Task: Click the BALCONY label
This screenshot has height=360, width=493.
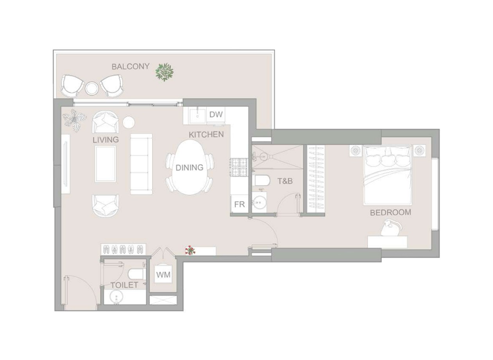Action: pos(131,67)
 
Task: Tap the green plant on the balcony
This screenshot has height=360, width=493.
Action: pos(164,72)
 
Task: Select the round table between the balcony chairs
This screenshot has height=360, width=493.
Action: pos(92,88)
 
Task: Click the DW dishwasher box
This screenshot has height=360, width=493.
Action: pos(216,114)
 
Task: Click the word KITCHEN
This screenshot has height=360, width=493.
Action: pos(206,135)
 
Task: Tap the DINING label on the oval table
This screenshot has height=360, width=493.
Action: pos(189,168)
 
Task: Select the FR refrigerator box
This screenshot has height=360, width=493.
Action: pos(239,204)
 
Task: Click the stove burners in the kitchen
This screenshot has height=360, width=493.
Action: pos(239,167)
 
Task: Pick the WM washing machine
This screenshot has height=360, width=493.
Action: pos(163,275)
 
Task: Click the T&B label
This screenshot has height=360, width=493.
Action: pos(285,181)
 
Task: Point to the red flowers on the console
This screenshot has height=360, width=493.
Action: pos(191,250)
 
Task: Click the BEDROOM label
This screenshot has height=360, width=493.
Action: pos(390,212)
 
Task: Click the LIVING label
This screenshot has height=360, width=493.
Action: pos(106,140)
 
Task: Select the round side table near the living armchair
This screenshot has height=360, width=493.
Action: pos(128,122)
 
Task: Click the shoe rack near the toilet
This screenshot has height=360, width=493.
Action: pos(124,249)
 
